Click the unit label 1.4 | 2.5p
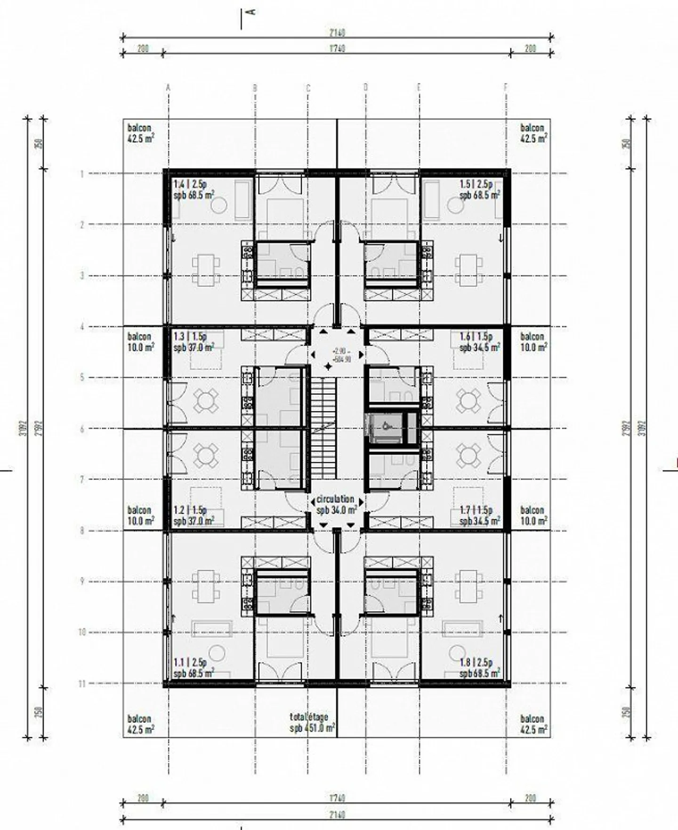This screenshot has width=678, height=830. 190,184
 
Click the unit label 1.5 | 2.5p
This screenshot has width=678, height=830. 476,184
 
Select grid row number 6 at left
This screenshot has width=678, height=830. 82,429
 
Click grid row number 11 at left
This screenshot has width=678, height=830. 82,683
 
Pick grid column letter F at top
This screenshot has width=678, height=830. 506,88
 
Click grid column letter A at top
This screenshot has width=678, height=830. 169,88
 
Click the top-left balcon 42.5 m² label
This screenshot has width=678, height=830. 140,133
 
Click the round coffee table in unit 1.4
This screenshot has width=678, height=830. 219,205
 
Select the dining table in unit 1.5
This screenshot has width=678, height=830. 469,270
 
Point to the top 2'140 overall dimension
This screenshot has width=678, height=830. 337,33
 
